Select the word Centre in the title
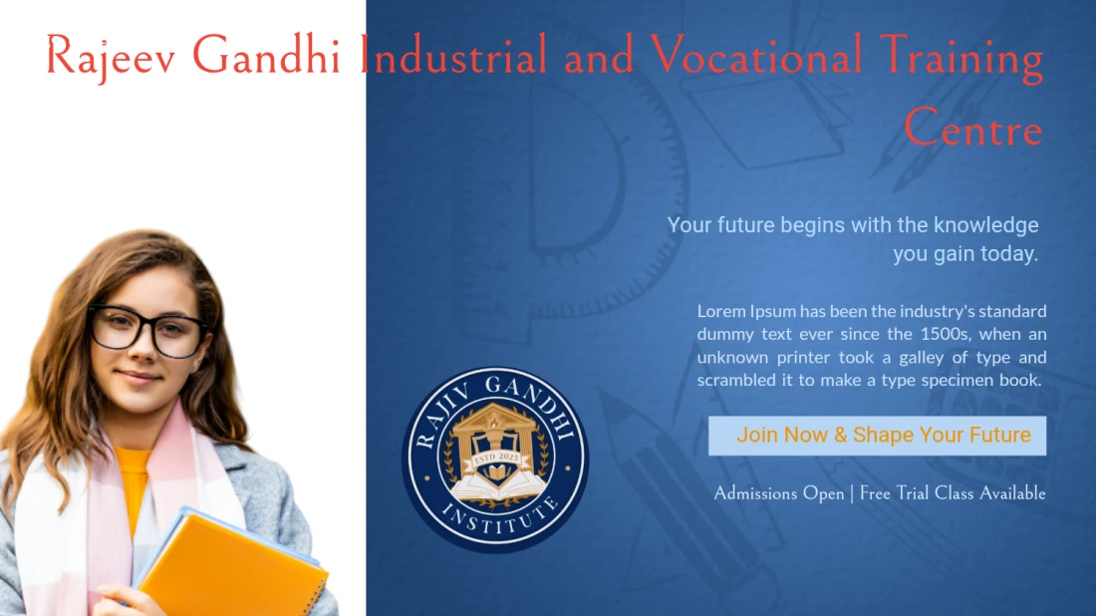click(x=972, y=130)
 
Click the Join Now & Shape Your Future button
click(x=877, y=436)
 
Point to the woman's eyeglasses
click(x=147, y=330)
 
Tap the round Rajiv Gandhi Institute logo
click(x=495, y=460)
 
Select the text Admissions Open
click(x=778, y=493)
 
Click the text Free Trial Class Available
click(x=953, y=493)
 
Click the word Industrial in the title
click(x=453, y=57)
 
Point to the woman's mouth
click(x=138, y=378)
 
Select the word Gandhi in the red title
click(x=266, y=57)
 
